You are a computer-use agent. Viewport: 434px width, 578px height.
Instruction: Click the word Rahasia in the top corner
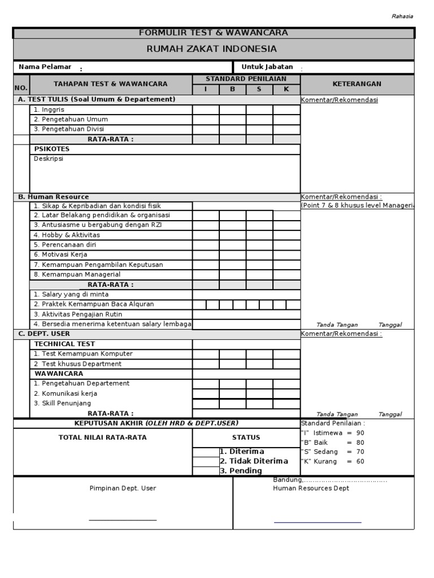click(x=402, y=16)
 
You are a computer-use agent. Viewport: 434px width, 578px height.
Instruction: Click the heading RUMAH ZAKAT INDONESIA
click(x=212, y=49)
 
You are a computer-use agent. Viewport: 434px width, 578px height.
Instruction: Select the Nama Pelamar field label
click(x=45, y=67)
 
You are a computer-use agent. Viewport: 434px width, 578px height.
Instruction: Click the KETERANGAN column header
click(x=357, y=84)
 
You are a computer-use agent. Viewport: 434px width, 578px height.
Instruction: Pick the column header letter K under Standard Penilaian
click(x=286, y=89)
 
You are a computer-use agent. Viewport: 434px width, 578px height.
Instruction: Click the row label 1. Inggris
click(x=49, y=110)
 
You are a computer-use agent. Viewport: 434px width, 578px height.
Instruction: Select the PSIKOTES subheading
click(x=52, y=150)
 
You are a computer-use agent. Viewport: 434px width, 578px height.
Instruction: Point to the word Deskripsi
click(x=49, y=159)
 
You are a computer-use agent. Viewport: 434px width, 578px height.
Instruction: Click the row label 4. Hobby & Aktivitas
click(x=67, y=235)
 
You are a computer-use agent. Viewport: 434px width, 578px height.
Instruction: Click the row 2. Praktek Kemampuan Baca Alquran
click(x=94, y=304)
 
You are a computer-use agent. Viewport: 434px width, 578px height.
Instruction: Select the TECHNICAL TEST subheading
click(x=64, y=344)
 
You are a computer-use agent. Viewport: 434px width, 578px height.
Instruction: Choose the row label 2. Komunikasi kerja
click(x=66, y=393)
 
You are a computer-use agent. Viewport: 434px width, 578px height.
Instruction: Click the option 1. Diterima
click(x=242, y=452)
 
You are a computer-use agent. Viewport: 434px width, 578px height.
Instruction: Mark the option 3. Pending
click(x=241, y=471)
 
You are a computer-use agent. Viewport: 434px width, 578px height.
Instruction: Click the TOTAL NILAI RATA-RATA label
click(x=102, y=437)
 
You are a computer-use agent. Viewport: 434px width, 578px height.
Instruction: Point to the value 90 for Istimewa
click(x=360, y=433)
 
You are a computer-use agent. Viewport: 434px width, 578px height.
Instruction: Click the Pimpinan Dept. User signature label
click(x=123, y=488)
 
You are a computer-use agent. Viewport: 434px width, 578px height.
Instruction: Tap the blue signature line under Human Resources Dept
click(x=318, y=523)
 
